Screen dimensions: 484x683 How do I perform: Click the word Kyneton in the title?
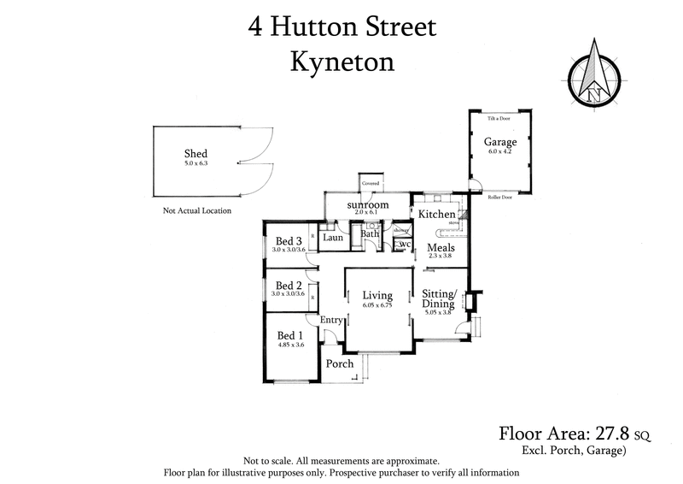(341, 62)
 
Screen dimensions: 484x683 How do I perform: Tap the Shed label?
(196, 154)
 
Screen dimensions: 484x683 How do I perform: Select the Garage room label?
(500, 142)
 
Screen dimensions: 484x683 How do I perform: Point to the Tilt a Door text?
(499, 119)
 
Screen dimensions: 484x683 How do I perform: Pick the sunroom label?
(368, 205)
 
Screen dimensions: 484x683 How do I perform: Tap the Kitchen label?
(435, 214)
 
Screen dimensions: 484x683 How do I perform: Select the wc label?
(406, 245)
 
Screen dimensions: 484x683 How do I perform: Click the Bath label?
(370, 233)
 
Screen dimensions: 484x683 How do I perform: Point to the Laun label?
(334, 238)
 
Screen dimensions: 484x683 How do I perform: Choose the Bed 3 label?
(289, 240)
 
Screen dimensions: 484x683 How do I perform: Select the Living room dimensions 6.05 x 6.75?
(377, 305)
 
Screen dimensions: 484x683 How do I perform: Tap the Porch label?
(341, 363)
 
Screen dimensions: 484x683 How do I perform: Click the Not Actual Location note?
(196, 210)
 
